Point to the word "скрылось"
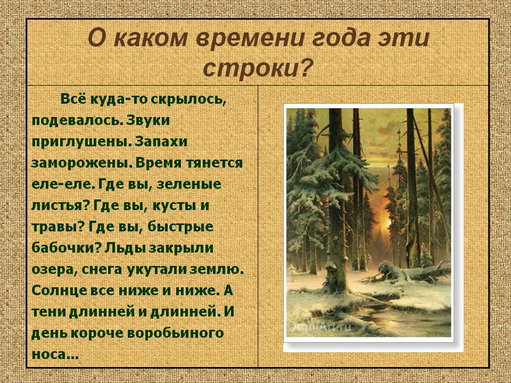point(196,99)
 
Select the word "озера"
point(51,270)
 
